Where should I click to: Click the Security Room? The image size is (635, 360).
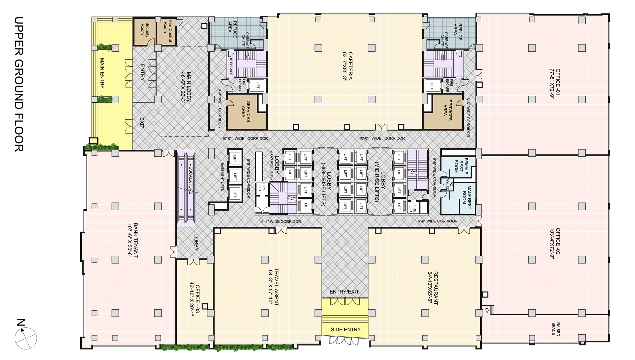(x=145, y=32)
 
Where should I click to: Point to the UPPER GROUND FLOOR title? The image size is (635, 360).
(x=19, y=84)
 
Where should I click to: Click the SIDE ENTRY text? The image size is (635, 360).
(x=346, y=329)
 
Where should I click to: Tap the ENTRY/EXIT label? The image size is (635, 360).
(x=344, y=292)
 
